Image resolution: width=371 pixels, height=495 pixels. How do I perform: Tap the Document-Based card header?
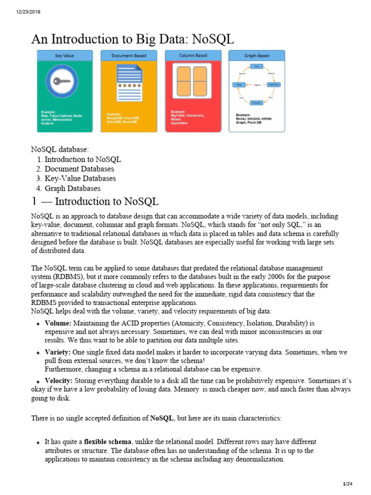pyautogui.click(x=129, y=56)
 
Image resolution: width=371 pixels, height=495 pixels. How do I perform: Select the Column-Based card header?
pyautogui.click(x=193, y=56)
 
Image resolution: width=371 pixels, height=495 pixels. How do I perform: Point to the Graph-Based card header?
pyautogui.click(x=257, y=56)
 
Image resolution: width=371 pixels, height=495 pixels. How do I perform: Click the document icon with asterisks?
pyautogui.click(x=129, y=82)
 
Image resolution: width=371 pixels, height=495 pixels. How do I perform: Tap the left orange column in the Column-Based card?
pyautogui.click(x=185, y=81)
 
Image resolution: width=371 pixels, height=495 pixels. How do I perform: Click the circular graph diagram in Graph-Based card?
pyautogui.click(x=257, y=85)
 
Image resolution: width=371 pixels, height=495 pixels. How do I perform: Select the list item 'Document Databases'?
pyautogui.click(x=79, y=169)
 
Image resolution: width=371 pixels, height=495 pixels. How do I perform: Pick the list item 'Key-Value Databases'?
pyautogui.click(x=80, y=179)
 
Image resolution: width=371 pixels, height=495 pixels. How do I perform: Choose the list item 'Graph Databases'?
pyautogui.click(x=72, y=189)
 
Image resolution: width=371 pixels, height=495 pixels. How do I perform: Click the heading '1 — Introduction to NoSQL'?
pyautogui.click(x=95, y=201)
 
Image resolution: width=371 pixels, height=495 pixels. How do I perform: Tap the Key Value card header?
pyautogui.click(x=65, y=56)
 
